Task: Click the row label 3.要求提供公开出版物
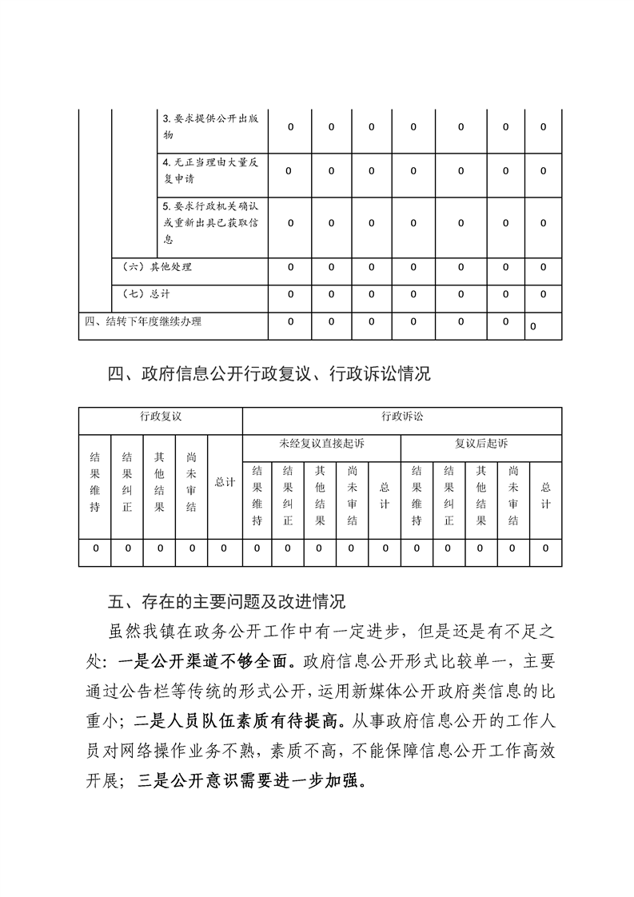point(209,127)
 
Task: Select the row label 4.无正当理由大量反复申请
point(209,171)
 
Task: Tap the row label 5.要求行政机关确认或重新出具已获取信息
point(209,223)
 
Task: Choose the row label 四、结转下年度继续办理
point(143,322)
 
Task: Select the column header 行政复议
point(160,417)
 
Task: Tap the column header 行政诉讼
point(401,417)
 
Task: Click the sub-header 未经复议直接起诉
point(321,443)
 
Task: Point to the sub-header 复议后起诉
point(480,443)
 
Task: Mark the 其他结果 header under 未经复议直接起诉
point(320,496)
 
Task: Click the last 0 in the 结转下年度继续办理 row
point(532,326)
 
